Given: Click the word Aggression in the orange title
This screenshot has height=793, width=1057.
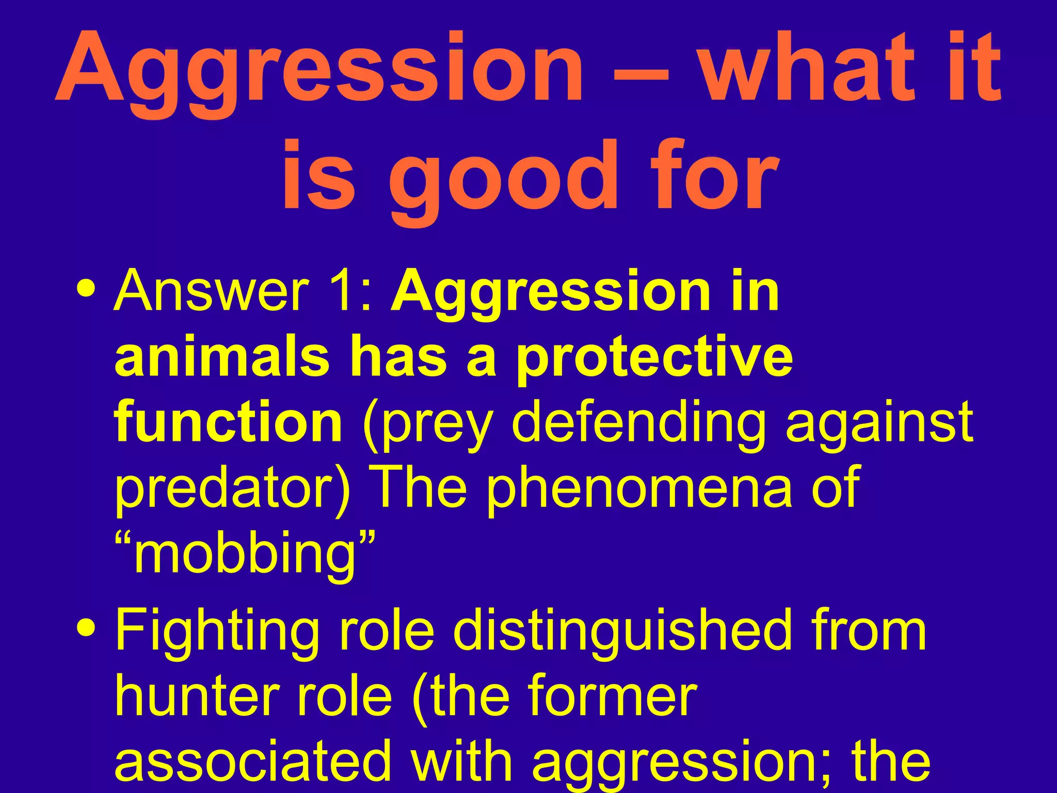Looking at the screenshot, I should [x=320, y=70].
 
